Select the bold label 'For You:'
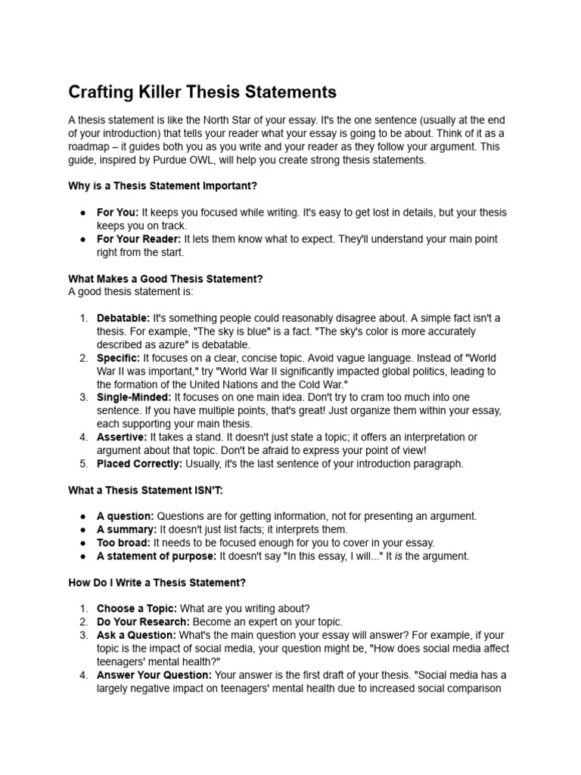coord(117,213)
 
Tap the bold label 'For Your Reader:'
coord(138,239)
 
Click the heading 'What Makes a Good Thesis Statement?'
coord(166,279)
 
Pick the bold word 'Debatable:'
coord(123,319)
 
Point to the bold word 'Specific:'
coord(118,358)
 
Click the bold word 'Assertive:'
coord(121,437)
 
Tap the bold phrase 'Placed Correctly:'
coord(138,464)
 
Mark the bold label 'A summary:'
coord(126,530)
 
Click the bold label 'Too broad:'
coord(123,543)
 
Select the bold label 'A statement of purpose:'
coord(157,556)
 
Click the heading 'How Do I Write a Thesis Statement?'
coord(157,583)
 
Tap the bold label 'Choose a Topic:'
coord(137,608)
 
